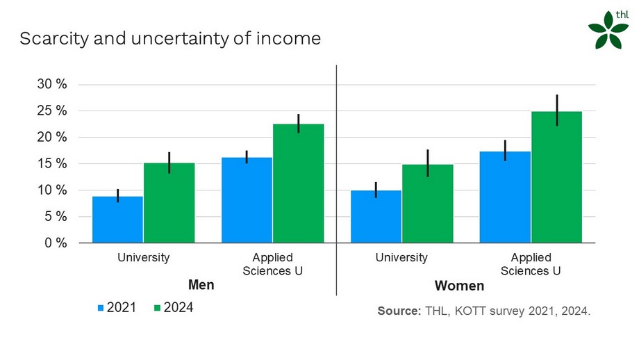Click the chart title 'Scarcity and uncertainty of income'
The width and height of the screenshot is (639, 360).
(x=170, y=39)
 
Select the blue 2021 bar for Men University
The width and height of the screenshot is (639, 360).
(x=117, y=220)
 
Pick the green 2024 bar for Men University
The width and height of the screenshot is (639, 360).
(x=169, y=204)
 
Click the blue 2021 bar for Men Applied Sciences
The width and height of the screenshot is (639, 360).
(x=247, y=200)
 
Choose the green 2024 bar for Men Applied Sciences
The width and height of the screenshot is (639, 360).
(x=298, y=183)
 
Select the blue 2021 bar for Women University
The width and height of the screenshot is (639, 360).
(x=376, y=217)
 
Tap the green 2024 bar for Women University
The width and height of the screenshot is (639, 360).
(x=427, y=204)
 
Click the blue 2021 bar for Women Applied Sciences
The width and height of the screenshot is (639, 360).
(x=505, y=197)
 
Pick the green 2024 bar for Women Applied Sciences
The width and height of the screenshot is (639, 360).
(x=556, y=177)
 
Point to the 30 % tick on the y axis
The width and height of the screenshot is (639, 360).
(x=53, y=85)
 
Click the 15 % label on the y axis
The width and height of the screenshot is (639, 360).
(x=53, y=164)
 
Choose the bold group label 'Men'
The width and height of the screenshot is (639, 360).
(x=201, y=286)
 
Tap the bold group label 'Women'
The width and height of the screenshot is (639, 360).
(x=459, y=286)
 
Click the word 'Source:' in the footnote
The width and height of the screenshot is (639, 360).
(x=399, y=311)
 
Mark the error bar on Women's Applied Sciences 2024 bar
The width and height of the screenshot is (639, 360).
(x=556, y=110)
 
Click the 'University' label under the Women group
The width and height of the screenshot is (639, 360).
(x=401, y=258)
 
